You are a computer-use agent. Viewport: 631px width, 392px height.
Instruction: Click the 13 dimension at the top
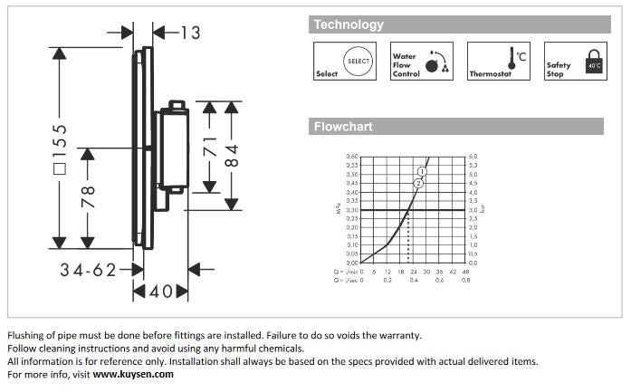tap(190, 33)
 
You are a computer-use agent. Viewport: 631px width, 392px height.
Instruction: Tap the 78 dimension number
tap(87, 196)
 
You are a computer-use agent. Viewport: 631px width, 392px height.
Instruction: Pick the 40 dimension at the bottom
tap(161, 292)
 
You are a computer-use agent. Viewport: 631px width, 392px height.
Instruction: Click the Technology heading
tap(349, 25)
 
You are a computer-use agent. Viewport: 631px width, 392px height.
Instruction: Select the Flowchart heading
tap(343, 127)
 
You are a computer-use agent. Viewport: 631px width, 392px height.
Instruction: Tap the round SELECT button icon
tap(359, 61)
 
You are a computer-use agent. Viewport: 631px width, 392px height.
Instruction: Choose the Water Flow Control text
tap(405, 65)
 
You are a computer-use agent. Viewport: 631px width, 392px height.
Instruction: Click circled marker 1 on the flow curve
tap(422, 171)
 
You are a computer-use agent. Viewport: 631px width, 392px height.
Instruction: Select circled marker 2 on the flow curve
tap(418, 183)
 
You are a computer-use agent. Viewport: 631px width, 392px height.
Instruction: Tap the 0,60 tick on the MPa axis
tap(353, 157)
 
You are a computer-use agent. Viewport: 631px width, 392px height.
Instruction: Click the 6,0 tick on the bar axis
tap(472, 157)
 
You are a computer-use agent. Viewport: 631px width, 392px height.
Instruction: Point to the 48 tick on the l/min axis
tap(465, 271)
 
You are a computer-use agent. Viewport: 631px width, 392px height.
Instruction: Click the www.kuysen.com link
tap(134, 374)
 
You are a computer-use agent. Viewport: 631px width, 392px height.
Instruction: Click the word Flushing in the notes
tap(28, 335)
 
